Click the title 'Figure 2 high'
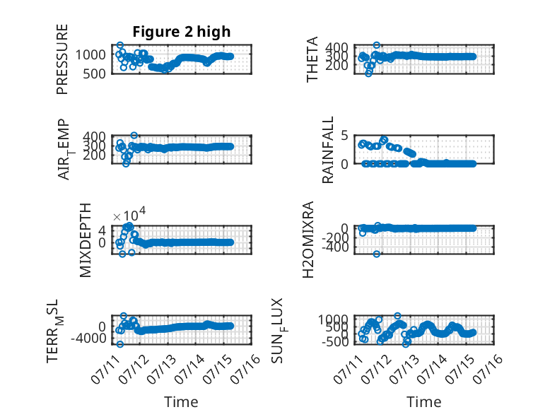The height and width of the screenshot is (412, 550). pyautogui.click(x=182, y=32)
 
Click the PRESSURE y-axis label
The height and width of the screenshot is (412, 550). pyautogui.click(x=62, y=59)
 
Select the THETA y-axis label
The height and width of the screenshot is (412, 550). pyautogui.click(x=312, y=59)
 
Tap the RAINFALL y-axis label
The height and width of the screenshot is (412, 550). pyautogui.click(x=327, y=150)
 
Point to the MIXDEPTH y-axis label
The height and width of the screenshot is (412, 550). pyautogui.click(x=86, y=240)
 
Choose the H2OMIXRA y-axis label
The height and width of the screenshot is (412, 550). pyautogui.click(x=308, y=240)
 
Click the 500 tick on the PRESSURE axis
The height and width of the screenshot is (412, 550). pyautogui.click(x=94, y=73)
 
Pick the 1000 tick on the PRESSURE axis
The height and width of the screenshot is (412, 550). pyautogui.click(x=90, y=54)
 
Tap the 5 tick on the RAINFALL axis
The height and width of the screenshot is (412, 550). pyautogui.click(x=344, y=135)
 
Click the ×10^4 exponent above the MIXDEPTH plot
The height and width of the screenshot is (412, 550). pyautogui.click(x=129, y=215)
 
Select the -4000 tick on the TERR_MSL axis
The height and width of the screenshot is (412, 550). pyautogui.click(x=88, y=339)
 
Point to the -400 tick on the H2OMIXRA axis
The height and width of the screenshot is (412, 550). pyautogui.click(x=335, y=247)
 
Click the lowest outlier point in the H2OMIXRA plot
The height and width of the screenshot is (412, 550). pyautogui.click(x=376, y=254)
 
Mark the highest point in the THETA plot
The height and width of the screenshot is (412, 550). pyautogui.click(x=376, y=45)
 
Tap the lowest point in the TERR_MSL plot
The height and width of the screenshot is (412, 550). pyautogui.click(x=120, y=344)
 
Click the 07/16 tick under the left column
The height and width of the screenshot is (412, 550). pyautogui.click(x=246, y=367)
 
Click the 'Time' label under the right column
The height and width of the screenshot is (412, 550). pyautogui.click(x=423, y=402)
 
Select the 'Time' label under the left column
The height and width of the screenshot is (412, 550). pyautogui.click(x=181, y=402)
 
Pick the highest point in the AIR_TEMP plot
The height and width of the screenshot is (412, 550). pyautogui.click(x=134, y=136)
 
